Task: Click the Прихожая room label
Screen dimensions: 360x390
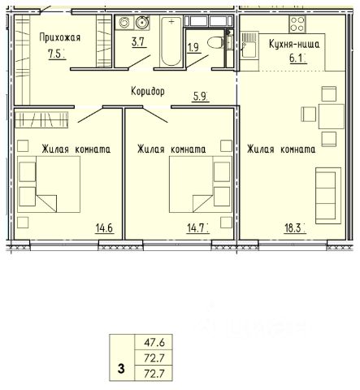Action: tap(60, 37)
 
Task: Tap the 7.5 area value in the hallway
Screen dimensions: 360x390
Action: tap(56, 54)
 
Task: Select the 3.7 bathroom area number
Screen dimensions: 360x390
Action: tap(138, 42)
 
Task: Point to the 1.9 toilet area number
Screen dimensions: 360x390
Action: tap(193, 47)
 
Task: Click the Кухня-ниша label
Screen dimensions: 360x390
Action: tap(294, 44)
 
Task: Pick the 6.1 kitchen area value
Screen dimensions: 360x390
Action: tap(297, 58)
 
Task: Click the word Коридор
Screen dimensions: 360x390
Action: tap(148, 91)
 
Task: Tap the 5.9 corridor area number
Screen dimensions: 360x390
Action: tap(200, 97)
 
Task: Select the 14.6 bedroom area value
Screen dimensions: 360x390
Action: tap(104, 228)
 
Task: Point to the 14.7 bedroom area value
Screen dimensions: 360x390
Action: tap(197, 228)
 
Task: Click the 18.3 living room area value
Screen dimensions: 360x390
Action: tap(293, 228)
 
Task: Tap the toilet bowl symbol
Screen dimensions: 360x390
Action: tap(216, 42)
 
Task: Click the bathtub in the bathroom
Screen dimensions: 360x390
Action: tap(171, 41)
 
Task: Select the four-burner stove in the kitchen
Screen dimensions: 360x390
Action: tap(297, 24)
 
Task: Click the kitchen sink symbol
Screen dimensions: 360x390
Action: tap(249, 45)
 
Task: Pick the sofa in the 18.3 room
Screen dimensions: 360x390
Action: tap(328, 196)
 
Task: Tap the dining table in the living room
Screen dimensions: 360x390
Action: tap(332, 116)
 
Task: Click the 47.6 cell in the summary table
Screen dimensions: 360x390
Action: tap(154, 343)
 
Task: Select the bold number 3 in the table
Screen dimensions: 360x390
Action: tap(121, 369)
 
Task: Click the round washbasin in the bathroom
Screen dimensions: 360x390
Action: tap(142, 22)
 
